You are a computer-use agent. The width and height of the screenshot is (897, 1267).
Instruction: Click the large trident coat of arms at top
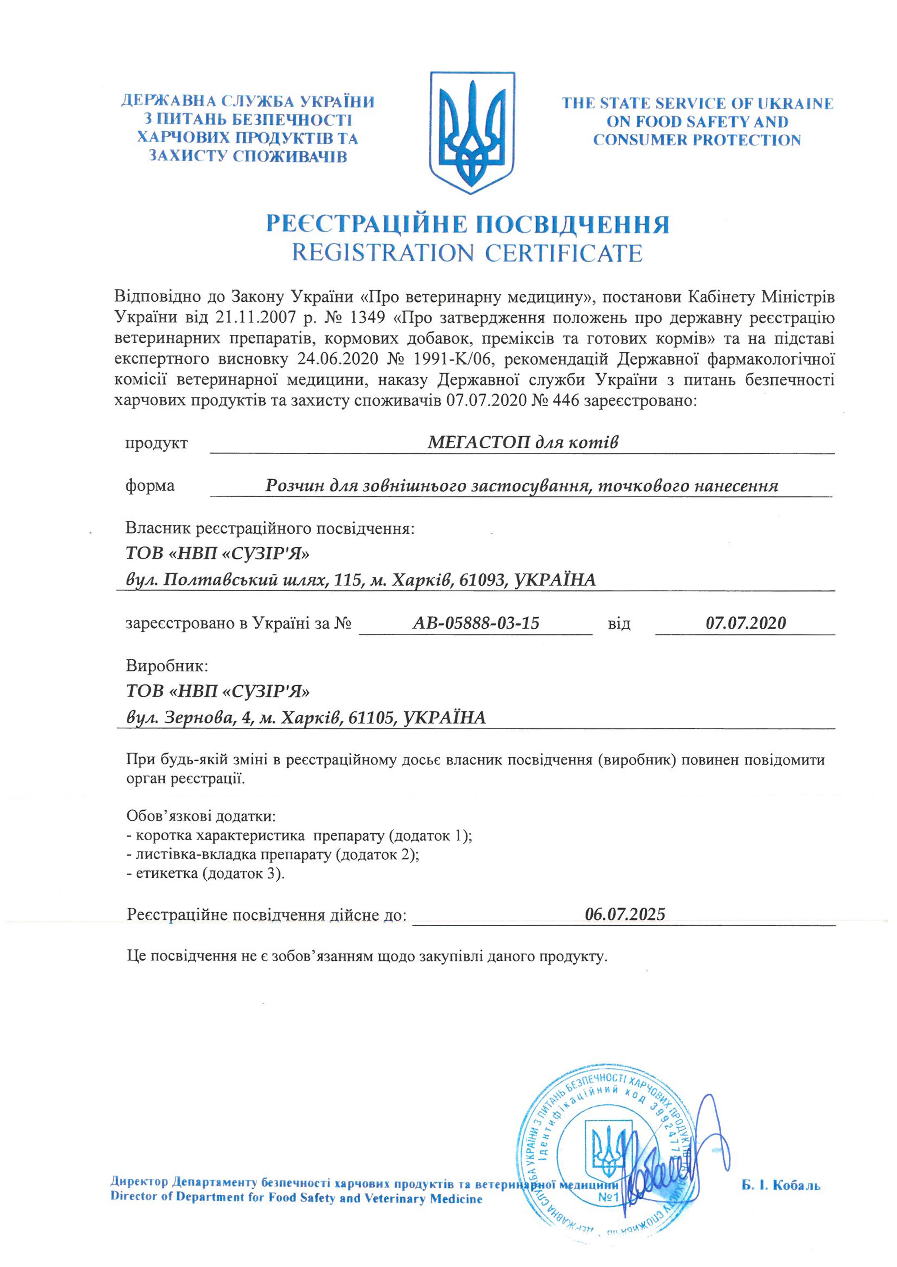coord(472,133)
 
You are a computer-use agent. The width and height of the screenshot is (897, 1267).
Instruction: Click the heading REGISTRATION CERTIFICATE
coord(467,253)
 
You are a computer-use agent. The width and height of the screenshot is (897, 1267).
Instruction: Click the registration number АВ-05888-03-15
coord(476,623)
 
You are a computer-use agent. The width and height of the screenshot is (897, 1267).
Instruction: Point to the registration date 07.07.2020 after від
coord(746,623)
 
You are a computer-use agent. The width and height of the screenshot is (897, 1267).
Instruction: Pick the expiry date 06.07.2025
coord(625,914)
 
